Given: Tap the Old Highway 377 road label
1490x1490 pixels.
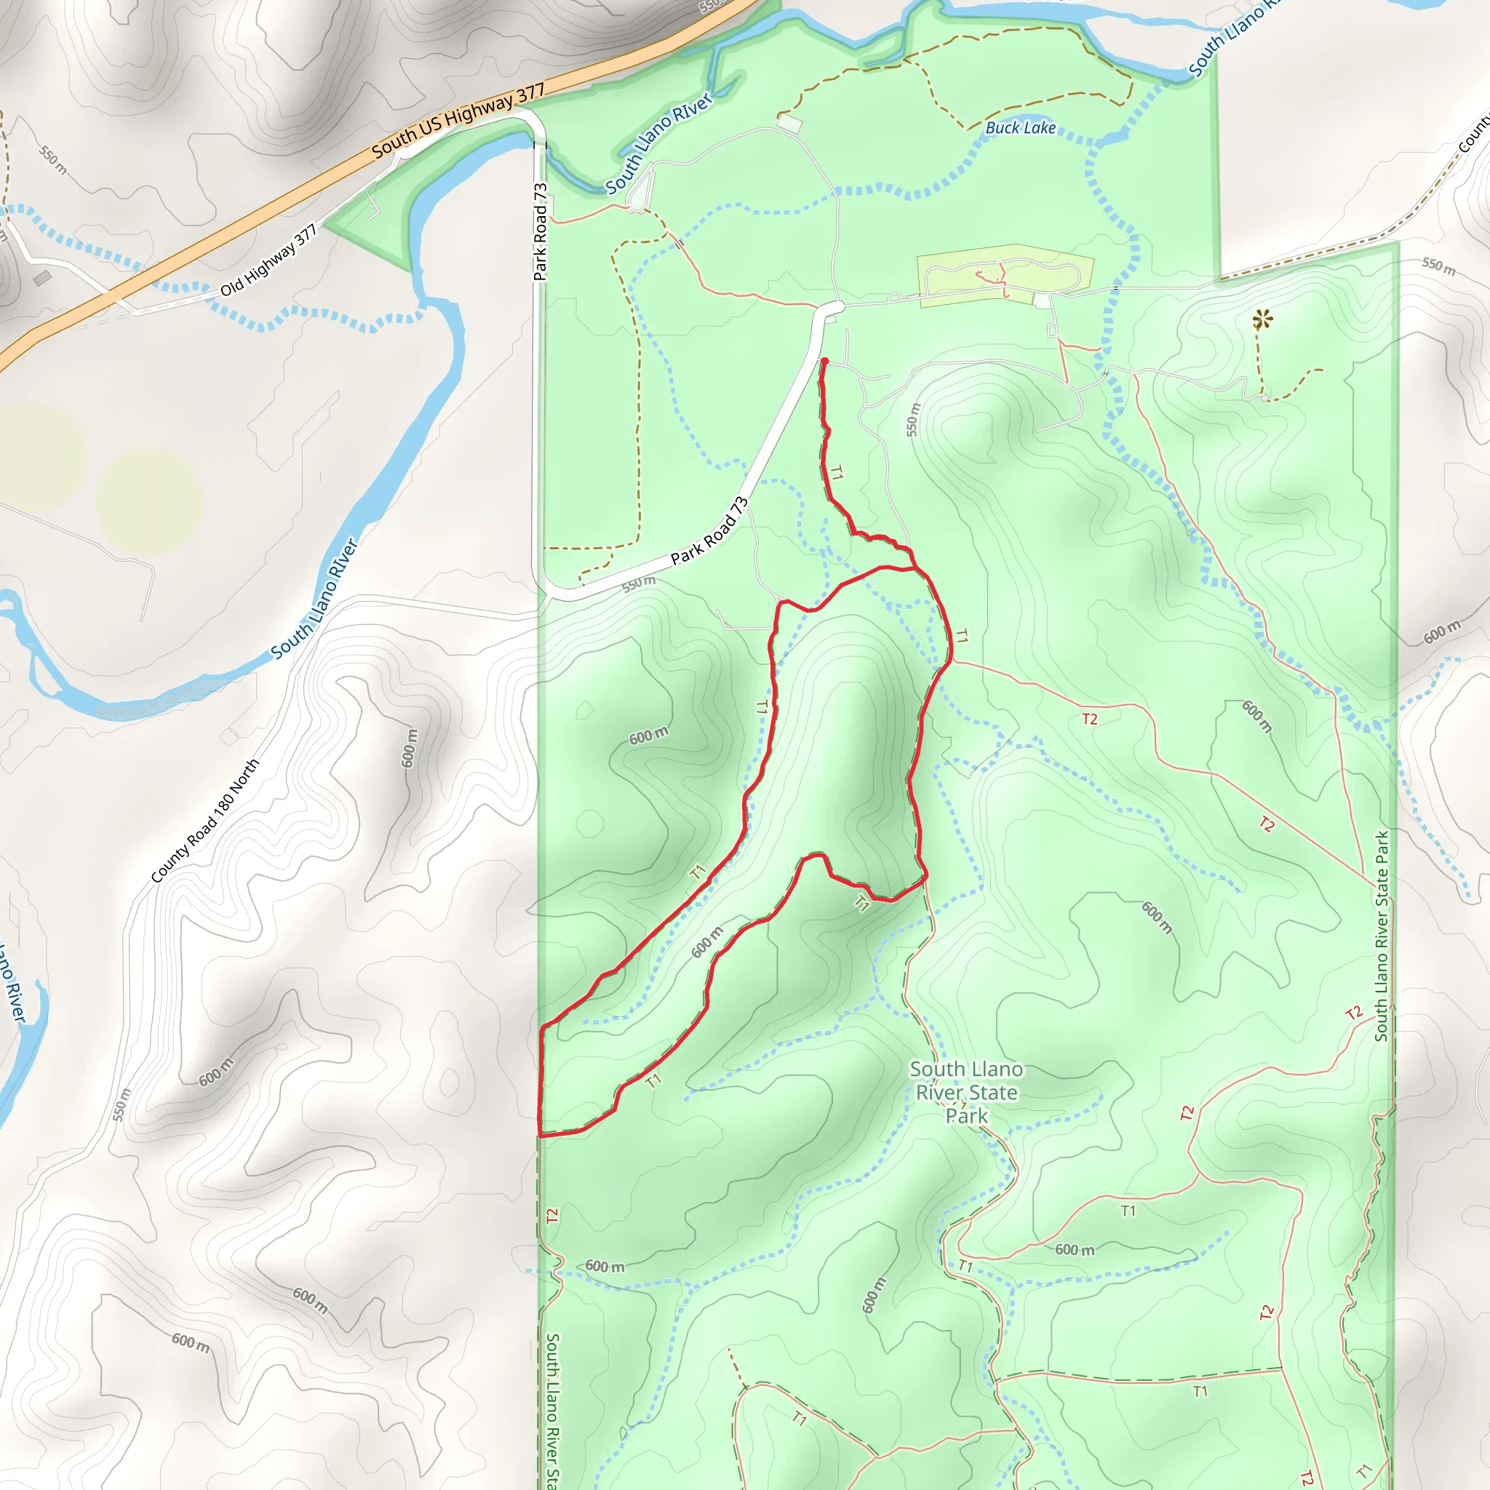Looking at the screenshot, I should point(268,260).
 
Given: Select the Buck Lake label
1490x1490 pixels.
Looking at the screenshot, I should point(1020,128).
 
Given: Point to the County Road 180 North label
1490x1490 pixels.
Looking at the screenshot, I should point(204,821).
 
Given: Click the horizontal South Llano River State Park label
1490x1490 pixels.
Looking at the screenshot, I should point(965,1092).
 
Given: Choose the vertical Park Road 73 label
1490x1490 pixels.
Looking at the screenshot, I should point(540,231).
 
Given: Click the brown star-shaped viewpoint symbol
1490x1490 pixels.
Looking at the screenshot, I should point(1262,319).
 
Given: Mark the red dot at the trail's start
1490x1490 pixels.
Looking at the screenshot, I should point(824,361).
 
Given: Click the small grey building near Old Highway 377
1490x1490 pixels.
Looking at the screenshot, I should point(42,278).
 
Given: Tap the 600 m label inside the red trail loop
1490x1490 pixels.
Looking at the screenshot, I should point(706,941).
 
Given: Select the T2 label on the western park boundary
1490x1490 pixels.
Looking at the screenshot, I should point(551,1216).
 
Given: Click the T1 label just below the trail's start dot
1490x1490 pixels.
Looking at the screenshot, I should point(837,472).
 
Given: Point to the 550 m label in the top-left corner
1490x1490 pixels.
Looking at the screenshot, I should point(53,159).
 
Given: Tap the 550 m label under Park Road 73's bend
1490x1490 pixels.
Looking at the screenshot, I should point(639,583).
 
